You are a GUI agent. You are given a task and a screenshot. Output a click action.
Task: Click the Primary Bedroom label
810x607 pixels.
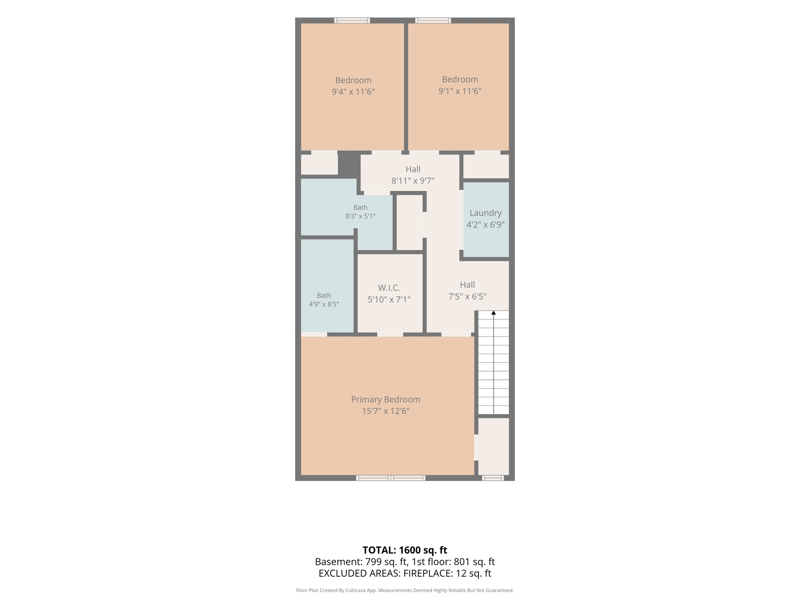386,400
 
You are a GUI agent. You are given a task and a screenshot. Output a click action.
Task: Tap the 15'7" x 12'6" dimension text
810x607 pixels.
386,411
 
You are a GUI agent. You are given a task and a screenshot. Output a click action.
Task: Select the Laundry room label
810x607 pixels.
486,213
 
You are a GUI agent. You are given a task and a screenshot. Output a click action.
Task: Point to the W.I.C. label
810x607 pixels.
389,288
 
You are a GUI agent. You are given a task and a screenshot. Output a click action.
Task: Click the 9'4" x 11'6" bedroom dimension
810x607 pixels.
353,92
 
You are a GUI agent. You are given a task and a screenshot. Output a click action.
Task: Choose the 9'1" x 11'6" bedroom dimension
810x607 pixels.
460,91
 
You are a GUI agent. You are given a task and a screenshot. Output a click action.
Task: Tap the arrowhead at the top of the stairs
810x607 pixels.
494,313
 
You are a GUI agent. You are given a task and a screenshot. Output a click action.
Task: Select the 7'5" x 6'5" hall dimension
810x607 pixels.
467,296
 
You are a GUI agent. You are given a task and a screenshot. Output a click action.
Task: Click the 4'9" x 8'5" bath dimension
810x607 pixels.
324,304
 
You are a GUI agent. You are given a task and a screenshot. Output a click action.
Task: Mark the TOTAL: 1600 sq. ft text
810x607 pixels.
405,550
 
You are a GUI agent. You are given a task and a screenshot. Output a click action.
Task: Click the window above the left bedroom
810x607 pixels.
352,21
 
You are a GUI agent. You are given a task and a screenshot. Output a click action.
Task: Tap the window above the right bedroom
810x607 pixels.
433,21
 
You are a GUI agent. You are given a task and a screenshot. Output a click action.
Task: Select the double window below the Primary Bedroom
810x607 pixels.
391,478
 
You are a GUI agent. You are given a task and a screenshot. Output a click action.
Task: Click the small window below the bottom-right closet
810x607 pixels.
493,478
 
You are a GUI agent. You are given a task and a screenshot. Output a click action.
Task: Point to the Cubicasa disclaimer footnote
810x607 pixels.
405,590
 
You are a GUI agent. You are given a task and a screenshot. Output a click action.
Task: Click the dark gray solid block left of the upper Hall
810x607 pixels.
349,164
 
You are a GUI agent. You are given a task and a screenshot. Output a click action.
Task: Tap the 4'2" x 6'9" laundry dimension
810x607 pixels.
486,225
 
